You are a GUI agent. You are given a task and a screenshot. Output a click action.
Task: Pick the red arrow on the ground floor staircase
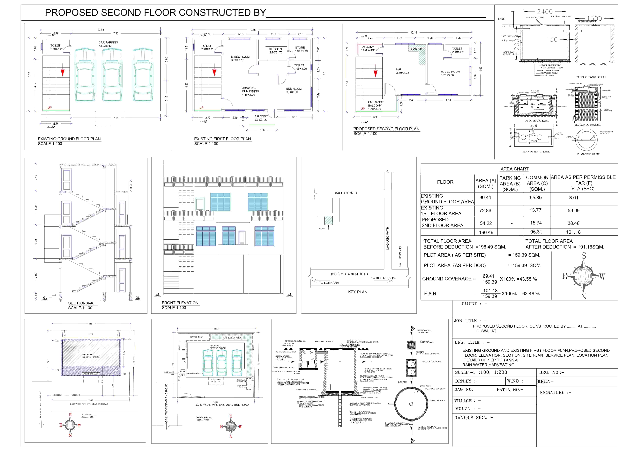click(63, 72)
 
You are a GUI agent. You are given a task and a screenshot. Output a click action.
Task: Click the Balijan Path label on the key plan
click(346, 193)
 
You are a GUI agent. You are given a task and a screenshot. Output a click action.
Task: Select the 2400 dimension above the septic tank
click(545, 12)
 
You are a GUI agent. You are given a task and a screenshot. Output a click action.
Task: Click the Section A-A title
click(81, 303)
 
